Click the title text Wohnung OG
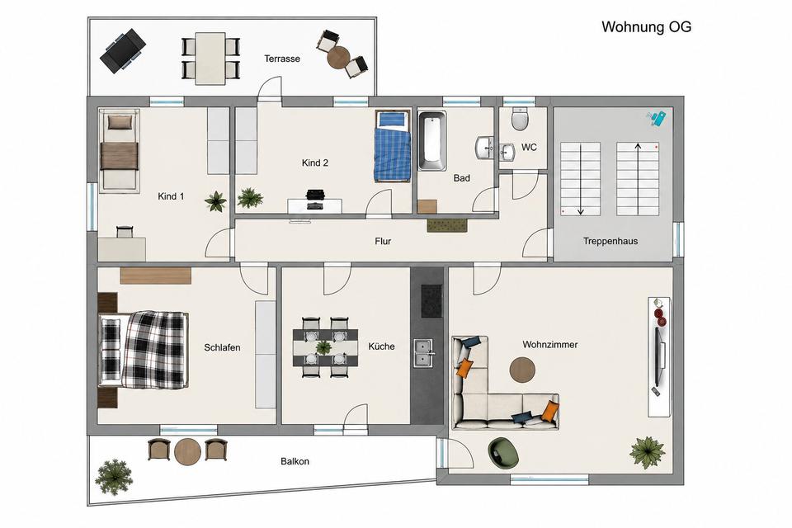coord(646,26)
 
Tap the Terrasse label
coord(282,59)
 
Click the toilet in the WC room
coord(520,119)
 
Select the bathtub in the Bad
coord(431,141)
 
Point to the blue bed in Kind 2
coord(393,146)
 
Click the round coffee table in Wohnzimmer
coord(522,370)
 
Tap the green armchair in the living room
coord(503,452)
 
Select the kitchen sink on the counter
coord(423,352)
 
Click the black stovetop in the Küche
coord(431,300)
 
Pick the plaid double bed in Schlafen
coord(144,350)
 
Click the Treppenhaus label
coord(610,241)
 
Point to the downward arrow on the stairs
coord(580,179)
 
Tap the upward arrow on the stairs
coord(638,179)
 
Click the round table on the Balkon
coord(187,451)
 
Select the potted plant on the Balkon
coord(114,477)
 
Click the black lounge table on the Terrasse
coord(123,51)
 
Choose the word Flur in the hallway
coord(383,242)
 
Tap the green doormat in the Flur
coord(447,225)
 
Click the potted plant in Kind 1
coord(215,201)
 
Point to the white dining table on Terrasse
coord(210,58)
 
